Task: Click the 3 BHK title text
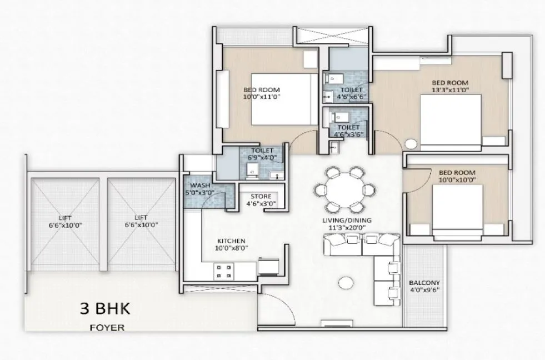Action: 107,309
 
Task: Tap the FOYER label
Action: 107,328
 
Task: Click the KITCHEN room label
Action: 232,241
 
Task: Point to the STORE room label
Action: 261,196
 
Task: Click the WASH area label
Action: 199,186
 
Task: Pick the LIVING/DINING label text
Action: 347,221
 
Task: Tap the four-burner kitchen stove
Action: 224,271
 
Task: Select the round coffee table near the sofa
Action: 346,282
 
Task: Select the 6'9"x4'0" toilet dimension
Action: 261,158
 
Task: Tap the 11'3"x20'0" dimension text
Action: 347,228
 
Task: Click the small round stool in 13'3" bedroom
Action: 411,144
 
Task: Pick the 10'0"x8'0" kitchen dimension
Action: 232,248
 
